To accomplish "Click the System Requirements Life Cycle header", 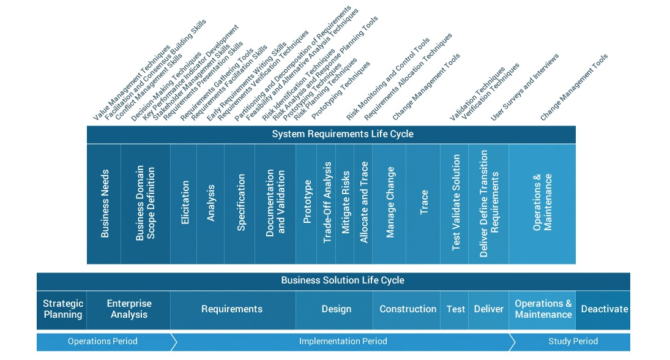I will pyautogui.click(x=331, y=134).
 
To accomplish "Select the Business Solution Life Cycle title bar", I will pyautogui.click(x=333, y=280).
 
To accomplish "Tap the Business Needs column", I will pyautogui.click(x=104, y=204).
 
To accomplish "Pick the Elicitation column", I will pyautogui.click(x=184, y=204).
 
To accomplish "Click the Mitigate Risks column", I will pyautogui.click(x=346, y=204).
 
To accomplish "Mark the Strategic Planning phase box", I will pyautogui.click(x=62, y=309).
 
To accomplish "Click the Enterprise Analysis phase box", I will pyautogui.click(x=128, y=309).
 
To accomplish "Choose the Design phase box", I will pyautogui.click(x=336, y=309).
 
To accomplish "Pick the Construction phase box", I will pyautogui.click(x=408, y=309).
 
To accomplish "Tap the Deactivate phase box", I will pyautogui.click(x=604, y=309).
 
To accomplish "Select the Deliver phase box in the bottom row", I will pyautogui.click(x=488, y=309).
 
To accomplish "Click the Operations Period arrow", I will pyautogui.click(x=103, y=342).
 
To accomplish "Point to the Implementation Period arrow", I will pyautogui.click(x=343, y=342).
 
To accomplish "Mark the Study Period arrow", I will pyautogui.click(x=573, y=342).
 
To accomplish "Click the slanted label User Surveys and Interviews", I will pyautogui.click(x=525, y=87).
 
